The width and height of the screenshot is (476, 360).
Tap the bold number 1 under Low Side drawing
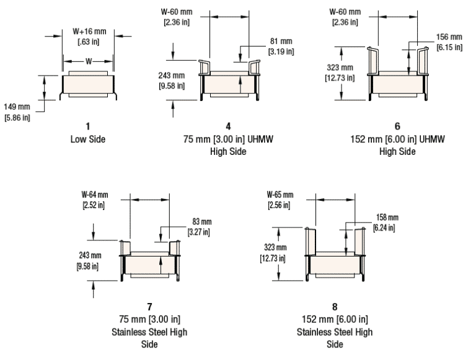87,128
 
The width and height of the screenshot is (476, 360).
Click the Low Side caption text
87,139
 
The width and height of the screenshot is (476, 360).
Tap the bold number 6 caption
397,128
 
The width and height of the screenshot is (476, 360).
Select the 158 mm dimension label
387,217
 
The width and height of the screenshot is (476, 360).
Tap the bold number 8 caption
335,307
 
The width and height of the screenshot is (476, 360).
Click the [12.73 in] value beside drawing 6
340,77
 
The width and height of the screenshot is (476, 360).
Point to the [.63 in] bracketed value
87,42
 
